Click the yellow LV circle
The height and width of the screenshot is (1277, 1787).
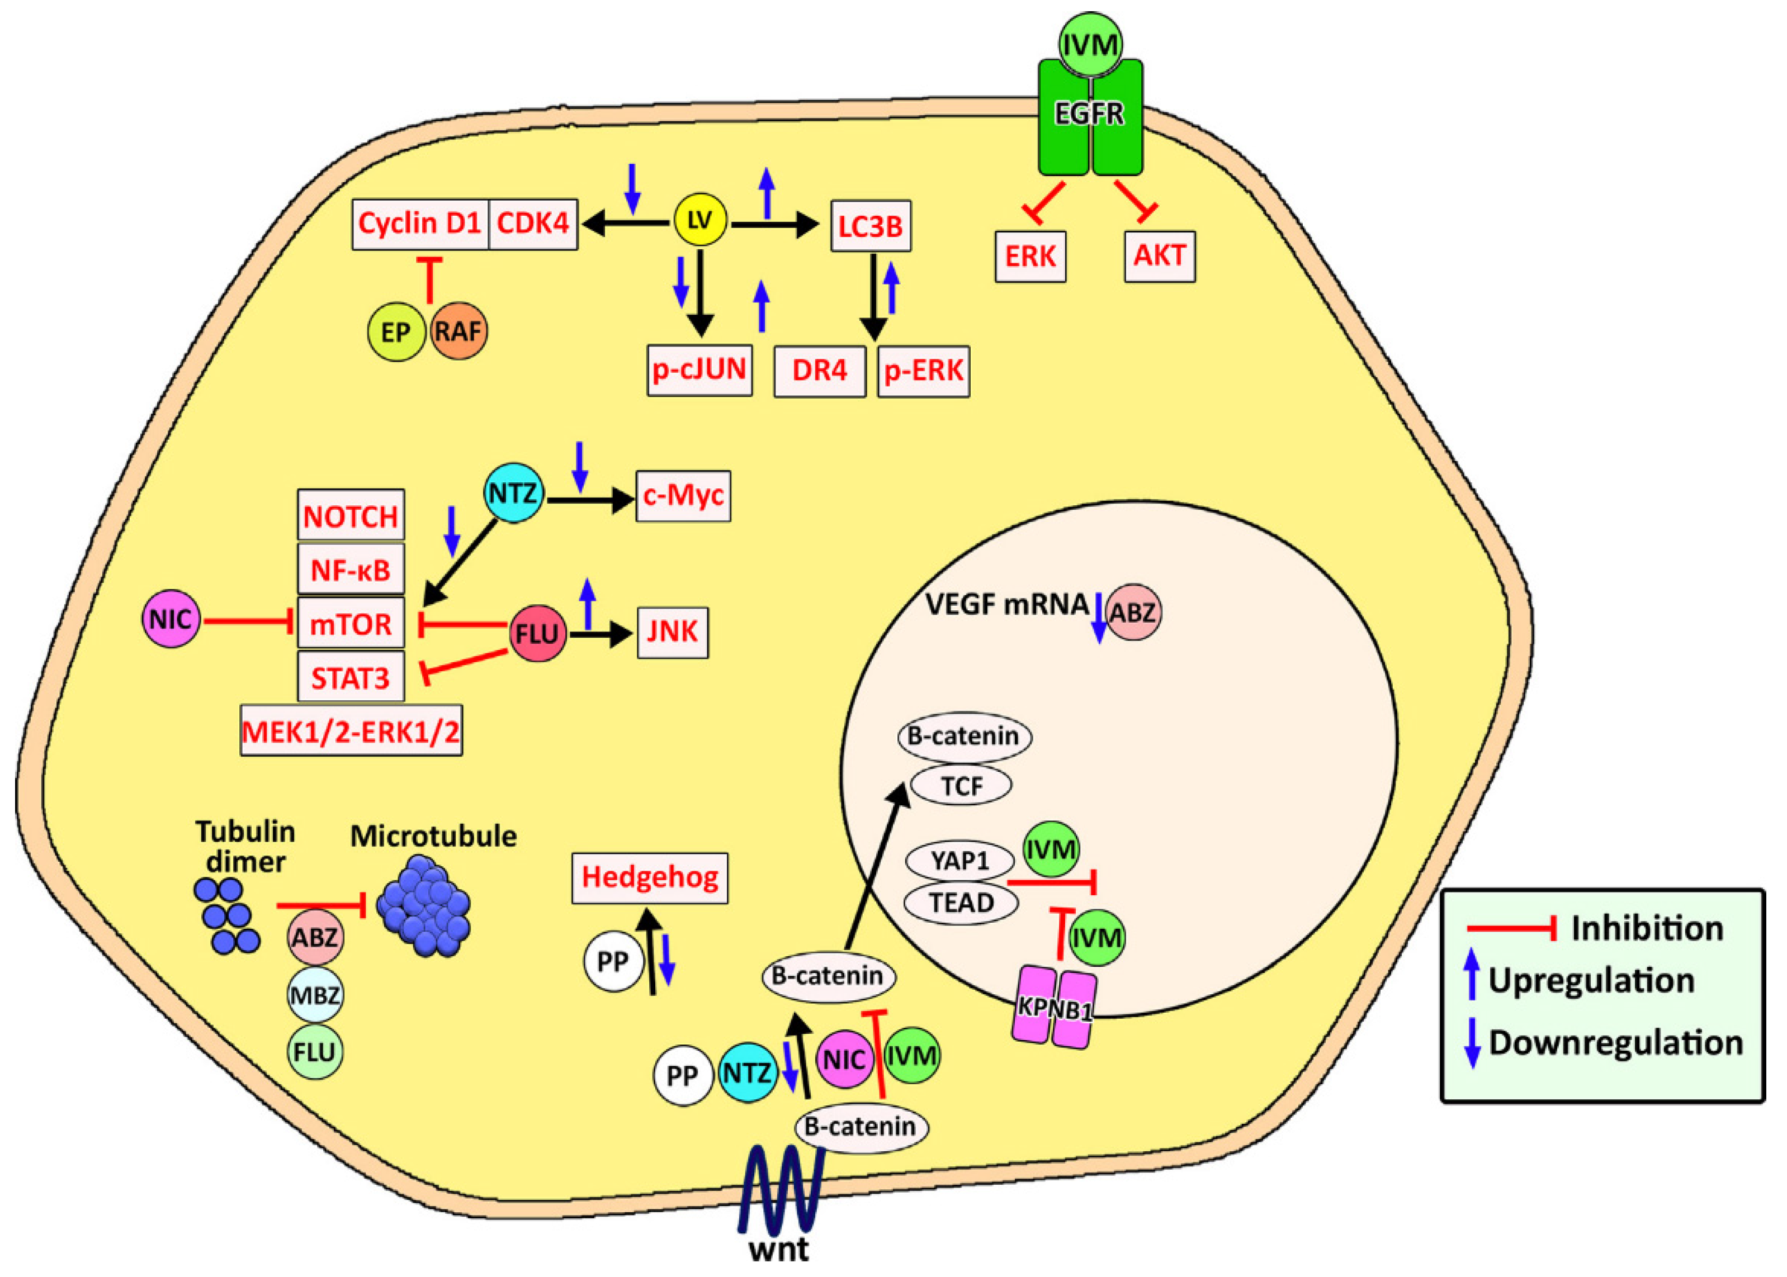pos(700,221)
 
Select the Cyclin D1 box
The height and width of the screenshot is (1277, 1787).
pos(420,224)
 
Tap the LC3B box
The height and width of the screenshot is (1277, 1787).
pos(871,226)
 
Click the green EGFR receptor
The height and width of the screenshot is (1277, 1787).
pos(1090,118)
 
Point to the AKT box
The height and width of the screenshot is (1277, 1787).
pos(1159,257)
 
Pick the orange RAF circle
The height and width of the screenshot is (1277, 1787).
pos(458,331)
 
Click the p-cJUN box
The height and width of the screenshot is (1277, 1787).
pos(700,369)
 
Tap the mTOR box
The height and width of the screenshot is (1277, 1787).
pos(351,624)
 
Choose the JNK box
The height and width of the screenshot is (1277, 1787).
pos(673,632)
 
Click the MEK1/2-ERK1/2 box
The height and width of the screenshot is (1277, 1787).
pos(351,732)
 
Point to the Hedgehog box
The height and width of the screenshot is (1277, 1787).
pos(650,877)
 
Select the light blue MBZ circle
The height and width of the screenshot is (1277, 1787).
pos(315,995)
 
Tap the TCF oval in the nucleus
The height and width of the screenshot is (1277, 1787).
pos(961,786)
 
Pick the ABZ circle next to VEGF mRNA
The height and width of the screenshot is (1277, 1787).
pos(1133,612)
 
